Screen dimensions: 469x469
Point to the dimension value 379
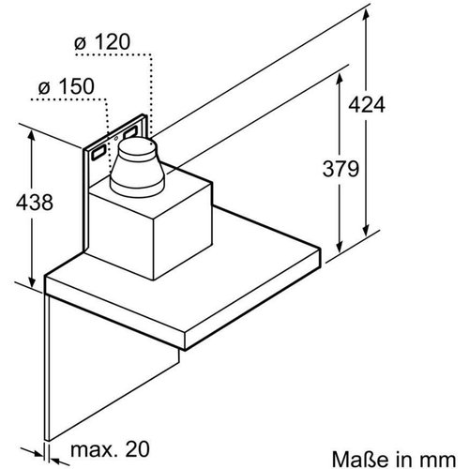point(334,169)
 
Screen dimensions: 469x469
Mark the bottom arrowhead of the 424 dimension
point(364,225)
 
